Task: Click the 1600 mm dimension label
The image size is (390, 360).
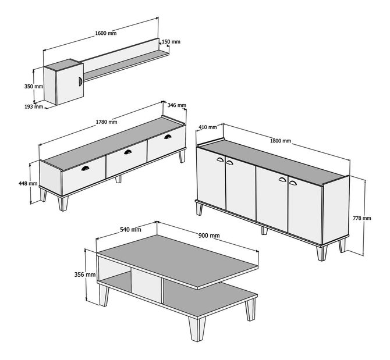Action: coord(106,33)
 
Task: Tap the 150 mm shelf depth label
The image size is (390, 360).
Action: coord(171,42)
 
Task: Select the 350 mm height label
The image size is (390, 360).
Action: coord(34,87)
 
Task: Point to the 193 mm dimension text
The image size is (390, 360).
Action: coord(34,107)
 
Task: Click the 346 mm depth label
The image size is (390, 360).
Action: coord(176,105)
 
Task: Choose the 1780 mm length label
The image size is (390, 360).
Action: coord(107,122)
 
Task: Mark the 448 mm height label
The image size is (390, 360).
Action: coord(28,184)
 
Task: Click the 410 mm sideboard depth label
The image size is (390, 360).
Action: coord(208,127)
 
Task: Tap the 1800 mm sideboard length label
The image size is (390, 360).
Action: coord(281,141)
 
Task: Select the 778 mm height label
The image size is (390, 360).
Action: coord(362,218)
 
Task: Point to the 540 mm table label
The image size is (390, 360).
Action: coord(130,230)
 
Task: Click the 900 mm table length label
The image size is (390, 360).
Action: coord(209,236)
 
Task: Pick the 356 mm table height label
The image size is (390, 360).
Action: coord(85,275)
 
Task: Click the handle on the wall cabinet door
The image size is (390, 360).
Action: coord(80,81)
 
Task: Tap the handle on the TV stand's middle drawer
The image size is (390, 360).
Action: coord(128,152)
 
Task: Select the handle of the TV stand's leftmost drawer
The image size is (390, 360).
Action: coord(85,169)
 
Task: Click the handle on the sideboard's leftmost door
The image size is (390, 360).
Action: coord(220,159)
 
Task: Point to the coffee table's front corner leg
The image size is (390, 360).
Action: coord(197,329)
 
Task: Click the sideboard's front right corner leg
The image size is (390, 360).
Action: coord(321,253)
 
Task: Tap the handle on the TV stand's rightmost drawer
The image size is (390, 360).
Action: coord(168,137)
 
